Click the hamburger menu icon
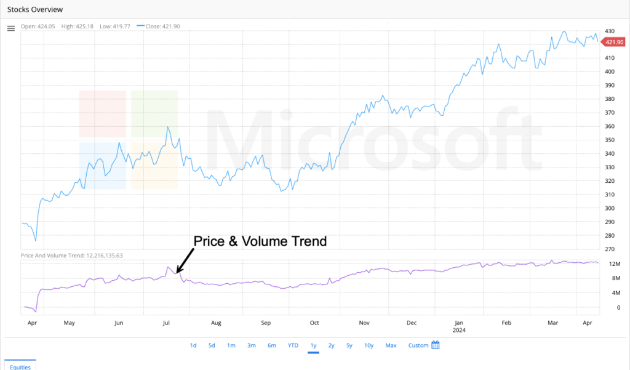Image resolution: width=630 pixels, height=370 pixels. (x=10, y=28)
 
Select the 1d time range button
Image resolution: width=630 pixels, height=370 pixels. (x=193, y=345)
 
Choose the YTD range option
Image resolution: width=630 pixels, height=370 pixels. (x=293, y=345)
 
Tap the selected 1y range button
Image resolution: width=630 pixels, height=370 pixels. (x=313, y=345)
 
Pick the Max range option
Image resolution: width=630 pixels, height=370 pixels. (x=391, y=345)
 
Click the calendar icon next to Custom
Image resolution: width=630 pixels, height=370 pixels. (x=436, y=345)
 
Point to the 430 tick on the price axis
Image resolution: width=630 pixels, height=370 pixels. (x=610, y=31)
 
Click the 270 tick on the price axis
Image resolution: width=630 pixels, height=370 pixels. (x=610, y=249)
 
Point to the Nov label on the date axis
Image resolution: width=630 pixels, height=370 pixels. (x=364, y=322)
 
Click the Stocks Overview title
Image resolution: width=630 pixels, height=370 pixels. (x=34, y=10)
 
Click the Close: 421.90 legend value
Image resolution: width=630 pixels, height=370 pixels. (x=162, y=26)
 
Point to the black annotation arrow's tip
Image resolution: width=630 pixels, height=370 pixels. (x=176, y=272)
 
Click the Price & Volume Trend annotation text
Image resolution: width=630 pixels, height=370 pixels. (x=260, y=241)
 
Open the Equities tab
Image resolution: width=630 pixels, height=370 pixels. (x=21, y=366)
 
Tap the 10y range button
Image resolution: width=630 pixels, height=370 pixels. (x=369, y=345)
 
